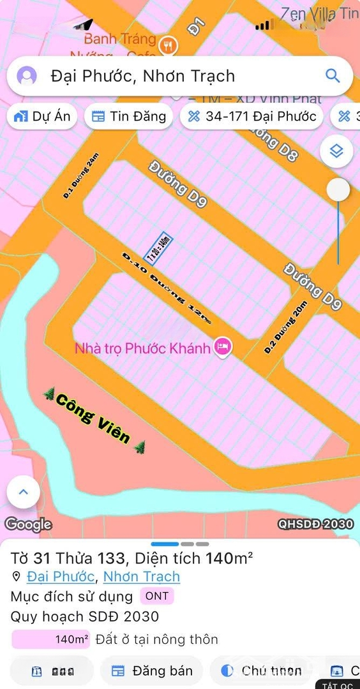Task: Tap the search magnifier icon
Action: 333,76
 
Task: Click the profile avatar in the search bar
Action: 27,76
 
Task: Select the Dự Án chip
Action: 42,116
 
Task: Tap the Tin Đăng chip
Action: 128,116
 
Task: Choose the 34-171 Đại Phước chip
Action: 251,116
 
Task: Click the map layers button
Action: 337,151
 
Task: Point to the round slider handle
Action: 338,189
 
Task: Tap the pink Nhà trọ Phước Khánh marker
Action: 222,348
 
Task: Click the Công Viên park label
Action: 93,419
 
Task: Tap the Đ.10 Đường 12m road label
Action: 166,288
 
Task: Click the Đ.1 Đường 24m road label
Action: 82,176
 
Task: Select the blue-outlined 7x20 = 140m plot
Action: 159,248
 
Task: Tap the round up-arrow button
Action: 24,492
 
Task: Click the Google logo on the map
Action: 28,524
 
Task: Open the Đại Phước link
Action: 61,577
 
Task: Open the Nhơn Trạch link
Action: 142,577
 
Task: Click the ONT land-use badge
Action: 157,596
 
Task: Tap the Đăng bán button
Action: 152,670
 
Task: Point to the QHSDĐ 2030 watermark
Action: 315,524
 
